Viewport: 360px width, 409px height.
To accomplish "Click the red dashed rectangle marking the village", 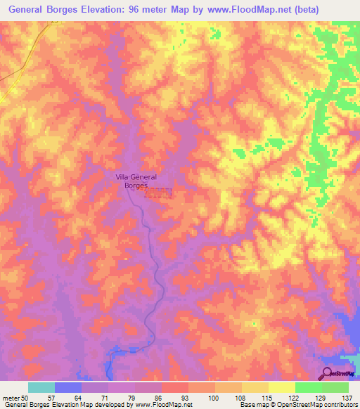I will (158, 193).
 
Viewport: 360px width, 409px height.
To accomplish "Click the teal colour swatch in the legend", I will (41, 387).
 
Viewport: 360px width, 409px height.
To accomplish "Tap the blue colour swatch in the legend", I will (68, 387).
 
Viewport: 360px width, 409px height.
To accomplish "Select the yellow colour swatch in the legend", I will (281, 387).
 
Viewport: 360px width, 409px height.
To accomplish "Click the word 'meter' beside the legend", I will (10, 398).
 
